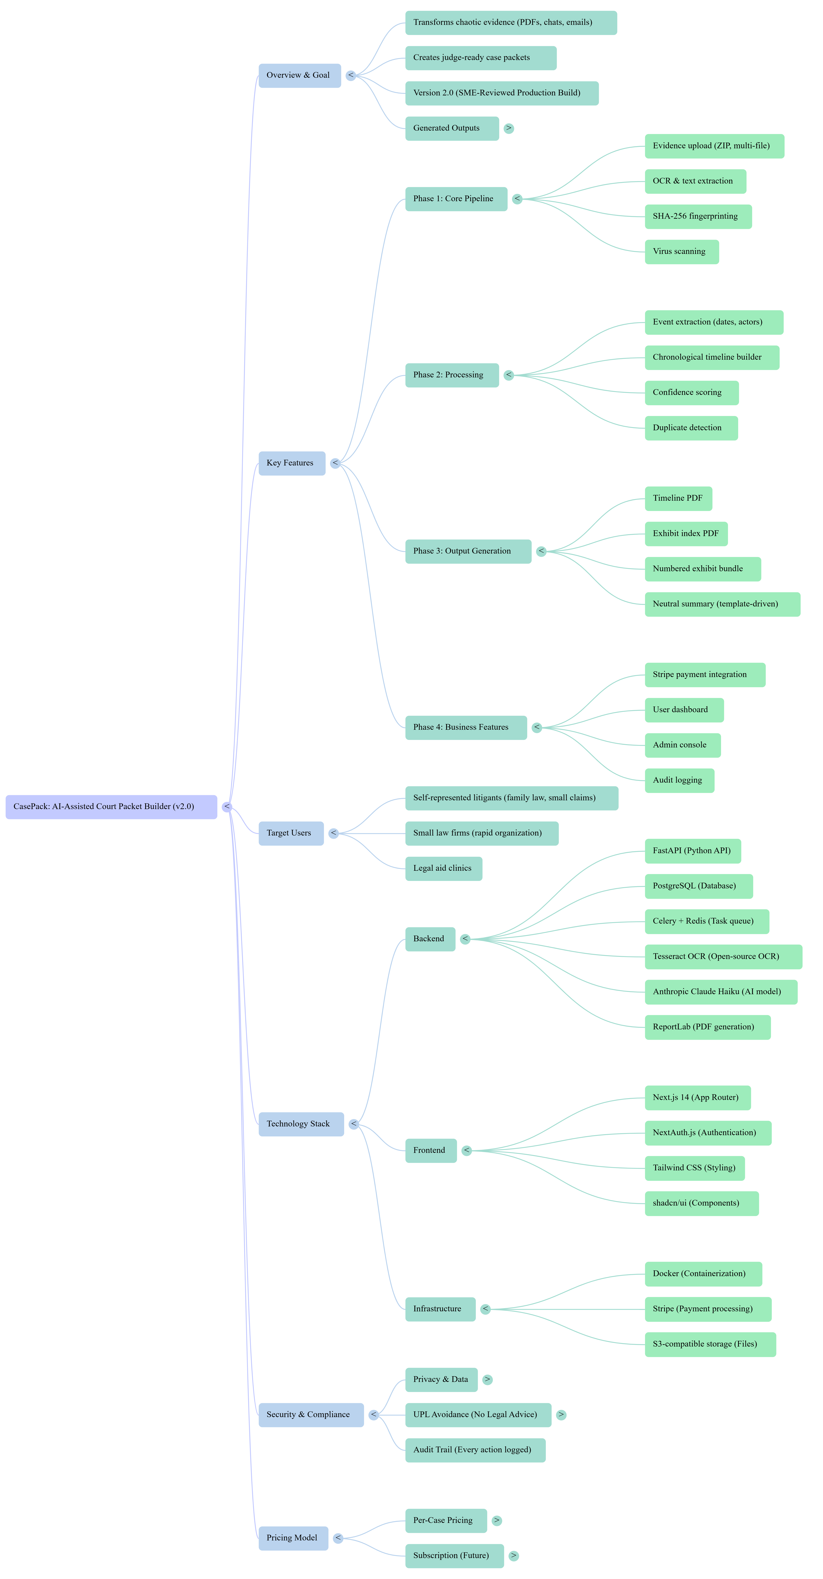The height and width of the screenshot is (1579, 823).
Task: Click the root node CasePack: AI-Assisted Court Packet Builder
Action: pyautogui.click(x=111, y=807)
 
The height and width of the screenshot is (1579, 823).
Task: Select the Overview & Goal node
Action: pyautogui.click(x=299, y=75)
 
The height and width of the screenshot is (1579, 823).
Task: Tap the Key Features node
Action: pyautogui.click(x=291, y=463)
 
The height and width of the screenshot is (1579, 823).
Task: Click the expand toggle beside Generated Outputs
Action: pyautogui.click(x=509, y=128)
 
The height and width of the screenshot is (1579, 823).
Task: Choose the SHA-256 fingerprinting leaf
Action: pyautogui.click(x=697, y=216)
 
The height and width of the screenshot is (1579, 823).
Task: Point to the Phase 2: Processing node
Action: pyautogui.click(x=452, y=375)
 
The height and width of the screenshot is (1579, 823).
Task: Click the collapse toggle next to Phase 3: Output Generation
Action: pyautogui.click(x=541, y=551)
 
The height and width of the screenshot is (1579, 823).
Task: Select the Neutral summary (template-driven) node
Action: pyautogui.click(x=722, y=604)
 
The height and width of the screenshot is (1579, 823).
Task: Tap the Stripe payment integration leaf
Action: pyautogui.click(x=705, y=675)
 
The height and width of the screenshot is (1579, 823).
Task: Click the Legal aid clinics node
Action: pyautogui.click(x=443, y=869)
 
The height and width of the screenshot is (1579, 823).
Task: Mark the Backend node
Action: pyautogui.click(x=430, y=939)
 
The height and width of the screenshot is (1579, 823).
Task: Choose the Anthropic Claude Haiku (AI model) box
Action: pyautogui.click(x=721, y=992)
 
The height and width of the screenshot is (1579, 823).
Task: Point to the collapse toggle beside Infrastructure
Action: pyautogui.click(x=485, y=1309)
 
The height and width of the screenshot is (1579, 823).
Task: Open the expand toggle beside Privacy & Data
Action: pyautogui.click(x=487, y=1380)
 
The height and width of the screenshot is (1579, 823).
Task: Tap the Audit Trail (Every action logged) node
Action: pyautogui.click(x=475, y=1450)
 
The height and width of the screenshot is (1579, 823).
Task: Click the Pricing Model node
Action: pyautogui.click(x=293, y=1538)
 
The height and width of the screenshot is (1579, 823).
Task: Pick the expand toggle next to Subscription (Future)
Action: pyautogui.click(x=513, y=1556)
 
